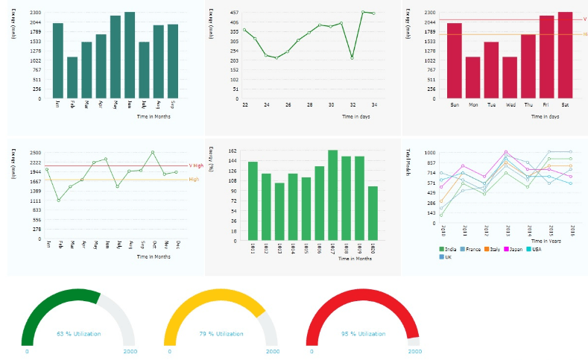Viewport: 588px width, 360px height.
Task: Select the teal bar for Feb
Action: coord(72,78)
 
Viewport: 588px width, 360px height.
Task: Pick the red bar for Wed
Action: coord(510,78)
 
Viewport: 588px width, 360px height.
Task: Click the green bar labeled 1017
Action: coord(332,195)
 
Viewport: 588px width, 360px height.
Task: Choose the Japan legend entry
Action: coord(514,248)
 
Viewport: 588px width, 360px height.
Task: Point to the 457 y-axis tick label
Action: coord(234,13)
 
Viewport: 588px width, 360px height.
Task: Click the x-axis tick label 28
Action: coord(309,105)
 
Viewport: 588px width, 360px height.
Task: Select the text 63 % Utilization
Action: coord(78,334)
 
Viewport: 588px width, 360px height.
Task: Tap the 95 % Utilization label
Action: coord(363,334)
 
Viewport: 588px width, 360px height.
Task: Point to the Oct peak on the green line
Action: coord(153,152)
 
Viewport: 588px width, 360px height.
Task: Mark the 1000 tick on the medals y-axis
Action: coord(430,153)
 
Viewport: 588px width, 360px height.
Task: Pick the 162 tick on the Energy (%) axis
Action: coord(233,151)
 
